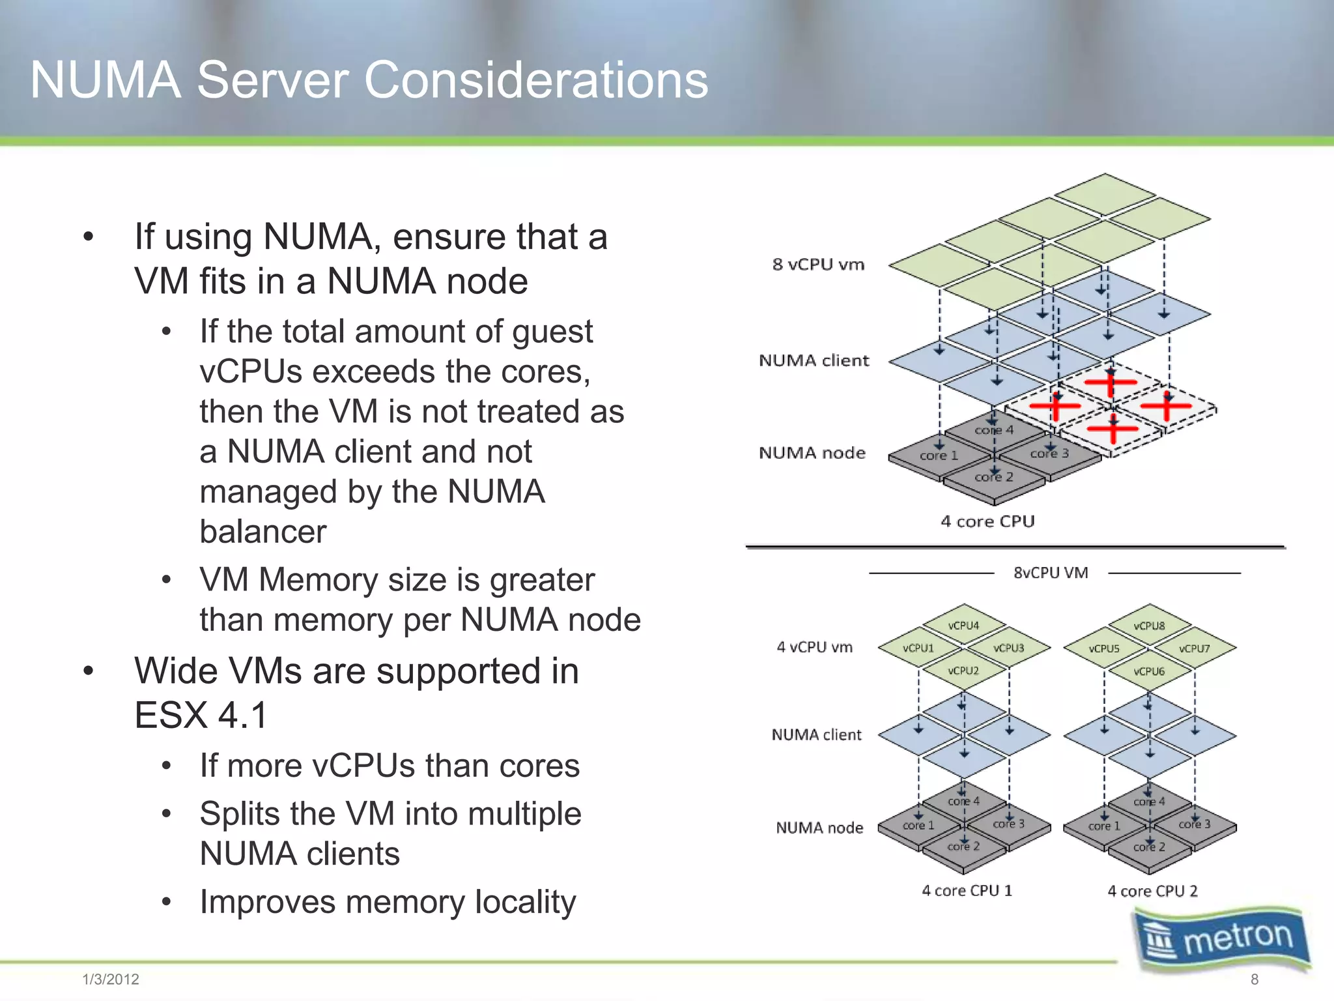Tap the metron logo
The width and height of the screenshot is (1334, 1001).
(1221, 938)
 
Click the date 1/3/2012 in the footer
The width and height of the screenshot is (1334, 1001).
(111, 979)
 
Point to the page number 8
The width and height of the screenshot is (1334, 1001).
(1255, 979)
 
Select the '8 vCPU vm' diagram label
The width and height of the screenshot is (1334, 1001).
(818, 265)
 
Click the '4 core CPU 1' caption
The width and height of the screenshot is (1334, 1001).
(967, 890)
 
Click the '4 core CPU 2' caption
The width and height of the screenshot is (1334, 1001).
(1152, 891)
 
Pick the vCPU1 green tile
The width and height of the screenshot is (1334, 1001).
(918, 648)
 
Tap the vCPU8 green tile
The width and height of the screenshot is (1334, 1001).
(1149, 626)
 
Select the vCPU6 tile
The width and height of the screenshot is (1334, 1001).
(1149, 671)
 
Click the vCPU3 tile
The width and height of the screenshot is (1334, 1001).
(1008, 648)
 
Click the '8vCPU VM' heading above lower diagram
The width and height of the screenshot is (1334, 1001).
(1051, 573)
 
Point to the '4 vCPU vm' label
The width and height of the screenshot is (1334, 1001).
(814, 647)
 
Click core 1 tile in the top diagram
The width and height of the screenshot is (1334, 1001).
(939, 456)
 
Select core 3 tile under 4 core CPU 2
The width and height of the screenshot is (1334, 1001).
(1194, 824)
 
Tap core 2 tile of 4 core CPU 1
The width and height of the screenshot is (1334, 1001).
(963, 847)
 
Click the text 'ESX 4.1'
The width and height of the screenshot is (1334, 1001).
(201, 715)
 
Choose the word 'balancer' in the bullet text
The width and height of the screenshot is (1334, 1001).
(263, 532)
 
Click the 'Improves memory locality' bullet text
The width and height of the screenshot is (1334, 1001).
(388, 902)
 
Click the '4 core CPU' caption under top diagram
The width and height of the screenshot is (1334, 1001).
(987, 521)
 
